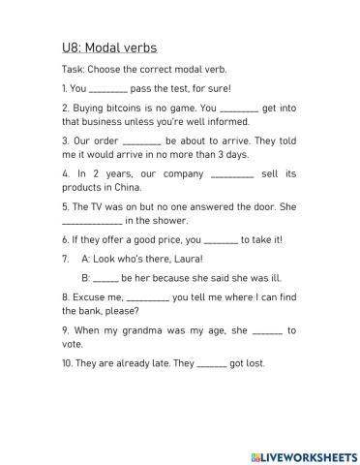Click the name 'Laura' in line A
tap(186, 259)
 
